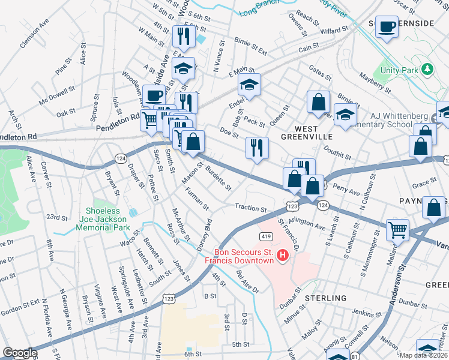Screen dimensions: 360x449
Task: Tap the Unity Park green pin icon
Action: pyautogui.click(x=427, y=69)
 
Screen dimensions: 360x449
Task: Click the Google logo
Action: pyautogui.click(x=20, y=353)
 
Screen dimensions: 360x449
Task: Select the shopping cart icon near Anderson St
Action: pyautogui.click(x=397, y=229)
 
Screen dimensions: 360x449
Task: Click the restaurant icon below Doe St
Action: pyautogui.click(x=257, y=148)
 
